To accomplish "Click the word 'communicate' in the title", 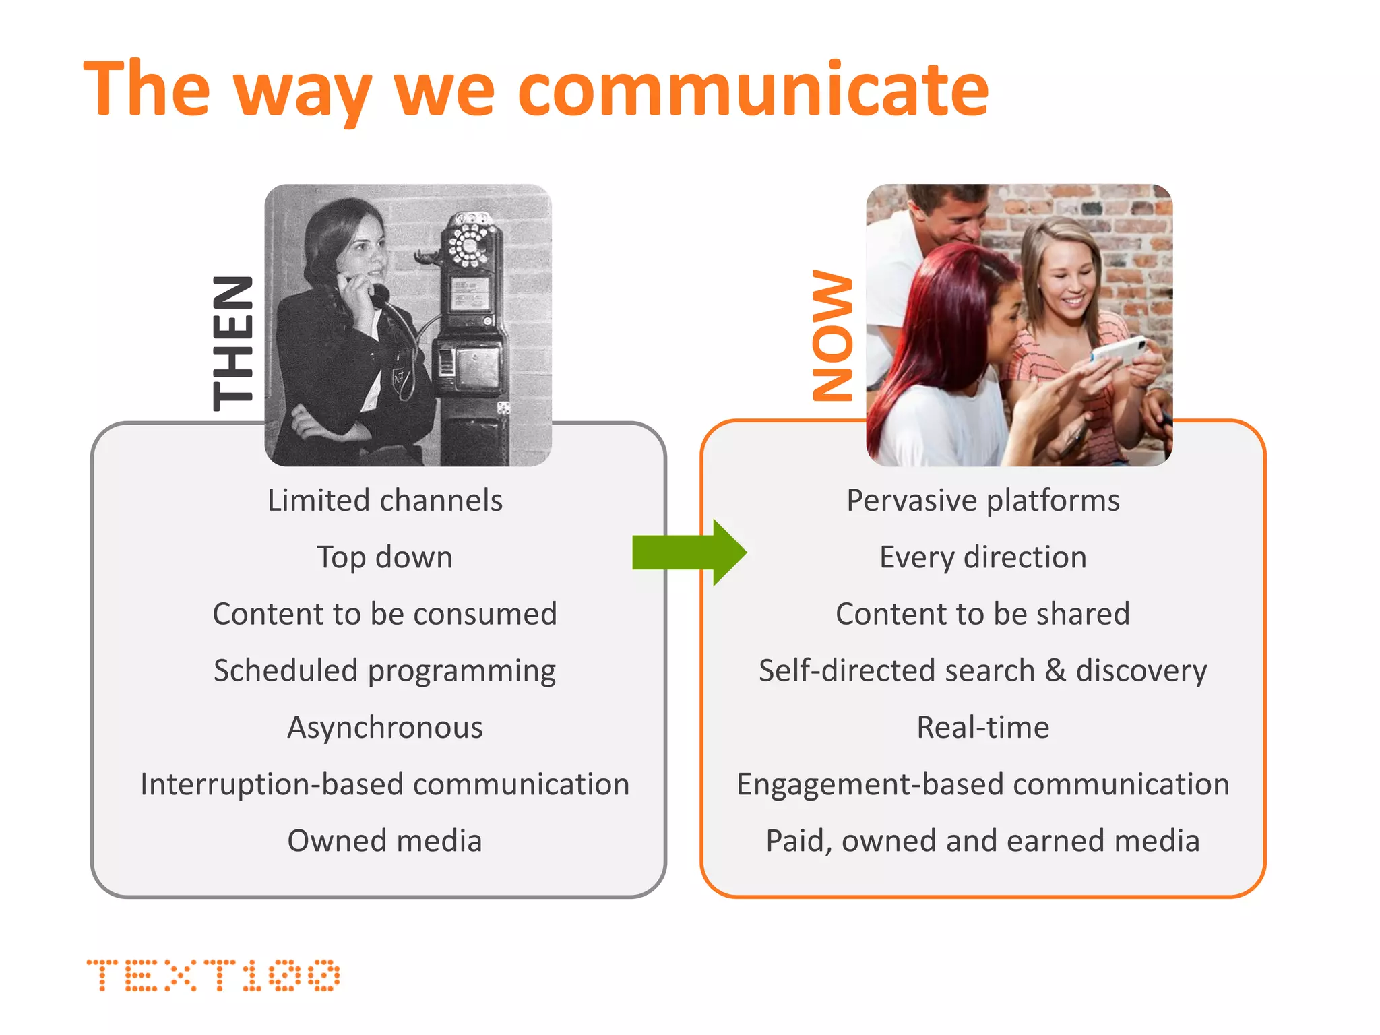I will pyautogui.click(x=753, y=89).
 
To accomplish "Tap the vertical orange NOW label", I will pyautogui.click(x=833, y=335).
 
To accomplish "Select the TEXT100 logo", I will pyautogui.click(x=213, y=975).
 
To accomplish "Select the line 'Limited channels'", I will pyautogui.click(x=385, y=501).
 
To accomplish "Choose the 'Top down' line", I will pyautogui.click(x=385, y=557).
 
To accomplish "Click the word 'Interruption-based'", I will pyautogui.click(x=272, y=784).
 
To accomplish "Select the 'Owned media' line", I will pyautogui.click(x=385, y=841).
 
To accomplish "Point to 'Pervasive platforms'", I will pyautogui.click(x=983, y=501).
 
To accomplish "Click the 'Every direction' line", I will pyautogui.click(x=983, y=557).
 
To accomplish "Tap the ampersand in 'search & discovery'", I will pyautogui.click(x=1055, y=670).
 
